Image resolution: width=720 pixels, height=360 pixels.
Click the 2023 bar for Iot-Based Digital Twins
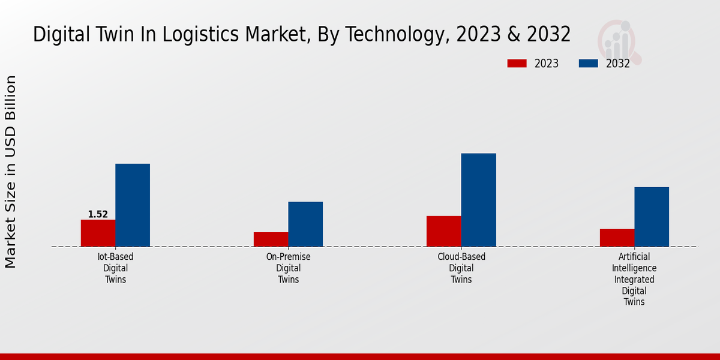[x=98, y=233]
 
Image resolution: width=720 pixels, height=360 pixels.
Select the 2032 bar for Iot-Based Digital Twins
[x=133, y=205]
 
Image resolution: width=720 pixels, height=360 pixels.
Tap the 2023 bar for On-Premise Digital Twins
[x=271, y=239]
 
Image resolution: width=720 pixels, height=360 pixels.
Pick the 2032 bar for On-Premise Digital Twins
[x=305, y=224]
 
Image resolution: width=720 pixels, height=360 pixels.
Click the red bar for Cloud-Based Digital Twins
[x=444, y=231]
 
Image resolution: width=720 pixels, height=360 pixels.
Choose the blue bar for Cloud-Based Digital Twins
[x=479, y=200]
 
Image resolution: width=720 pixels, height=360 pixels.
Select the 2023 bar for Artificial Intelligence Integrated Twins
[x=617, y=238]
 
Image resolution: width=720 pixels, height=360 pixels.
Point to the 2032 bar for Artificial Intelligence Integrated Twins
[x=652, y=217]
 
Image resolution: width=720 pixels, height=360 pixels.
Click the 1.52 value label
[x=98, y=214]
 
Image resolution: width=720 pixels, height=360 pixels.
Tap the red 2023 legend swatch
[x=517, y=64]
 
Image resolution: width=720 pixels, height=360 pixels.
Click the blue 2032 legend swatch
[x=589, y=64]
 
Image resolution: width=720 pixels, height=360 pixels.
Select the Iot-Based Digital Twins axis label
[x=115, y=268]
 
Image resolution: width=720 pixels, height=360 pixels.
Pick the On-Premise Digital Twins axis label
[x=288, y=268]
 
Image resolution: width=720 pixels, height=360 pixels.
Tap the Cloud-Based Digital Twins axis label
[x=461, y=268]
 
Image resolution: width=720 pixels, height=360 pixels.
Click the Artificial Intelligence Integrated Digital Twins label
[x=634, y=279]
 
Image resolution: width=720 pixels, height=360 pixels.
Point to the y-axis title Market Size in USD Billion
[x=11, y=172]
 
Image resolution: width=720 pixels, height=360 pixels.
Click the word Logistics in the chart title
[x=234, y=35]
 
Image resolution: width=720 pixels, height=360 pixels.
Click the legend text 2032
[x=618, y=64]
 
